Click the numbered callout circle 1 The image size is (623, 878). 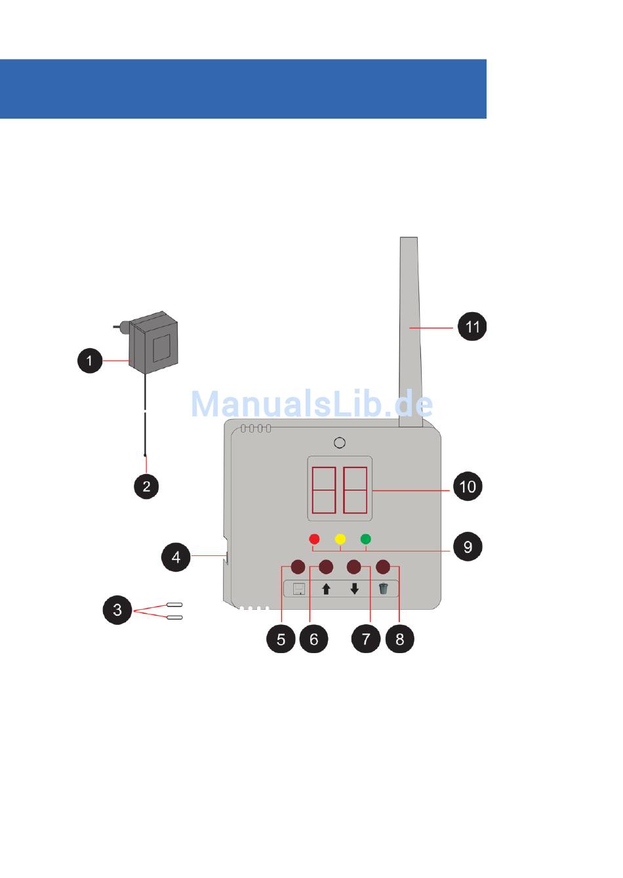pyautogui.click(x=90, y=360)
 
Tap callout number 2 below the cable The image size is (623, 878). pyautogui.click(x=146, y=486)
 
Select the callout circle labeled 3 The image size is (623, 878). pyautogui.click(x=117, y=610)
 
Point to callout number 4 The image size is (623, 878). pyautogui.click(x=176, y=557)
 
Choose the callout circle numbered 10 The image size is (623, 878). pyautogui.click(x=468, y=487)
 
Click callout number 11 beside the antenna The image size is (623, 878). pyautogui.click(x=472, y=327)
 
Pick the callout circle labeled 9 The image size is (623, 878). pyautogui.click(x=468, y=546)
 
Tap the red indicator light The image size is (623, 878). pyautogui.click(x=314, y=539)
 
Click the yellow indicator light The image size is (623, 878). pyautogui.click(x=340, y=539)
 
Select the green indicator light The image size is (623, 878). pyautogui.click(x=366, y=539)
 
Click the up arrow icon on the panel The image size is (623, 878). pyautogui.click(x=326, y=589)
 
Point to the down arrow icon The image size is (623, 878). pyautogui.click(x=355, y=589)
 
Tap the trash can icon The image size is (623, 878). pyautogui.click(x=384, y=589)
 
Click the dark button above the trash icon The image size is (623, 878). pyautogui.click(x=384, y=567)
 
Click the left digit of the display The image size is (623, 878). pyautogui.click(x=324, y=490)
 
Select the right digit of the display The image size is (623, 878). pyautogui.click(x=355, y=490)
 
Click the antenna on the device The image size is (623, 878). pyautogui.click(x=410, y=328)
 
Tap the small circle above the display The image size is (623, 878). pyautogui.click(x=340, y=443)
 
